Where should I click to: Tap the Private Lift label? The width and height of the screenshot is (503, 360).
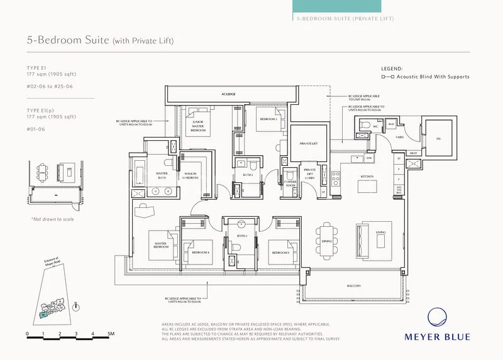[307, 143]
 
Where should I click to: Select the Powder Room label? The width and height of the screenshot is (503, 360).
[290, 185]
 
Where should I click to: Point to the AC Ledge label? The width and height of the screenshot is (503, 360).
[228, 94]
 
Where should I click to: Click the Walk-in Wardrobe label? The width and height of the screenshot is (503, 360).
[192, 177]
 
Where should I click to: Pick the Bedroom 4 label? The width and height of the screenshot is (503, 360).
[201, 252]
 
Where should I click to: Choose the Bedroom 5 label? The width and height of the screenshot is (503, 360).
[280, 252]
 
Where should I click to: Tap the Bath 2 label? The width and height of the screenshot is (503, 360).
[242, 236]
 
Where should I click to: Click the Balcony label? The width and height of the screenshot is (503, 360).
[353, 286]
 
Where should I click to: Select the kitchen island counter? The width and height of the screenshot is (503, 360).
[367, 187]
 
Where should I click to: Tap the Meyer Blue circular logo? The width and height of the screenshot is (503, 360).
[437, 319]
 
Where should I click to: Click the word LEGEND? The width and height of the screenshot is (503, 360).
[392, 68]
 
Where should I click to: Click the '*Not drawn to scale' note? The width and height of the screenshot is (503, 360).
[52, 219]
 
